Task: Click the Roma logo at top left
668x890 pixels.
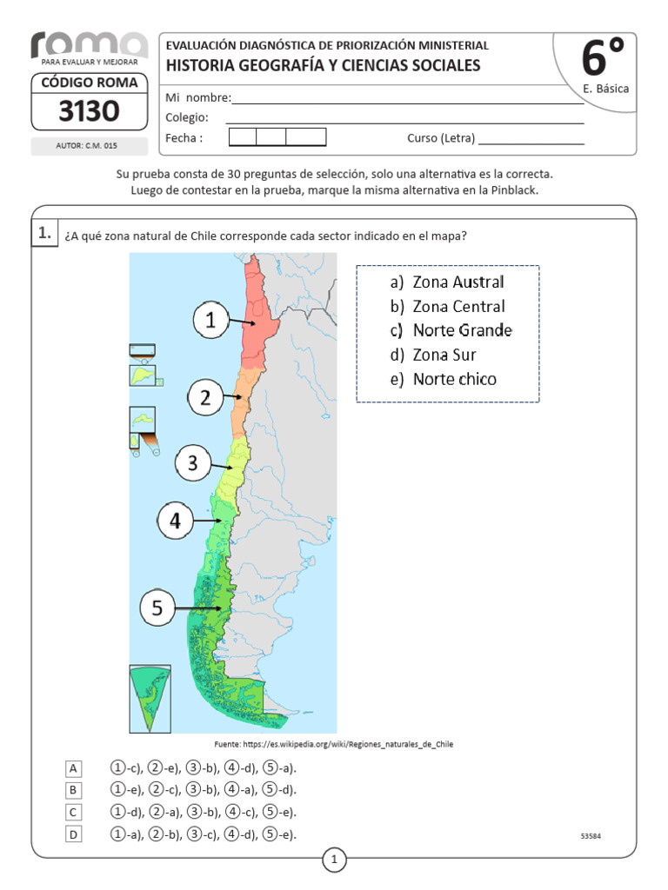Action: (89, 45)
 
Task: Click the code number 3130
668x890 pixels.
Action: (89, 111)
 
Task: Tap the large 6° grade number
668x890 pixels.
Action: (602, 59)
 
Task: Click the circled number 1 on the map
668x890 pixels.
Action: (210, 322)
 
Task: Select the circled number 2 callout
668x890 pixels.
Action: (205, 398)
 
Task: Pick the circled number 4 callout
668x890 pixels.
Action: (176, 521)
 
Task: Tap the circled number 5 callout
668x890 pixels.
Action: (157, 608)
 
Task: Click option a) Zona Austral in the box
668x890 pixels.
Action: (448, 282)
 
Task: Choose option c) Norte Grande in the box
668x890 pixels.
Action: (451, 330)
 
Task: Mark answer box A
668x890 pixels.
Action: (74, 768)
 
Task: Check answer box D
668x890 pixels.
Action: (74, 835)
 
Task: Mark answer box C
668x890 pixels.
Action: (74, 813)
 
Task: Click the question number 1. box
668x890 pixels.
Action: (43, 233)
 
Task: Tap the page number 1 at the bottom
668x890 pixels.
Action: (334, 860)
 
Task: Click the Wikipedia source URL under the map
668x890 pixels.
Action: (334, 745)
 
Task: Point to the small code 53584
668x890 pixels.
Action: (591, 836)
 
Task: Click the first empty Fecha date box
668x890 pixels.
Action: (243, 137)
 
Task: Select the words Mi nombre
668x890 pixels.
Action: (197, 98)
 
